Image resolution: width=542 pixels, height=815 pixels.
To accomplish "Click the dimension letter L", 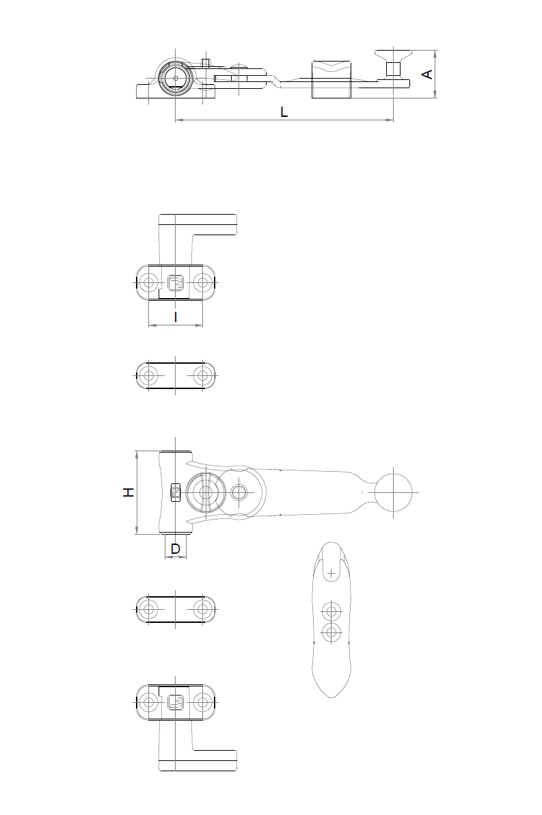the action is [284, 111].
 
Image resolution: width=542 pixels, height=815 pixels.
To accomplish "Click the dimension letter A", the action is [427, 75].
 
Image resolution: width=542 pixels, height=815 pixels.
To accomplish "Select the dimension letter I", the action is [176, 317].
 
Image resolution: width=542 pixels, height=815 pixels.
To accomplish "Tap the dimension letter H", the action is [128, 492].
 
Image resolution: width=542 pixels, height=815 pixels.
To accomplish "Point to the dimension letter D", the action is [175, 549].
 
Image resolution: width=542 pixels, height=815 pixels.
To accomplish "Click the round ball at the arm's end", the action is [394, 492].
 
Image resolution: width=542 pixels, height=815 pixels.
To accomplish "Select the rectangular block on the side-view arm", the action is [331, 79].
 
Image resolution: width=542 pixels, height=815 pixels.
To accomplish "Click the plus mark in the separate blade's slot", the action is [331, 574].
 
